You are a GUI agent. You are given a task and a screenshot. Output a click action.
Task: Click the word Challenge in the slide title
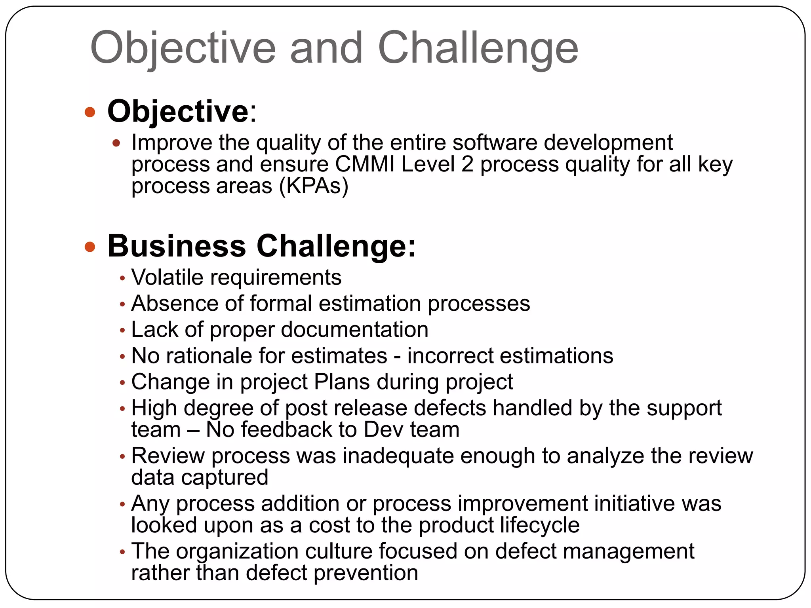coord(478,48)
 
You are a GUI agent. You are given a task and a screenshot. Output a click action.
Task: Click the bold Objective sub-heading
coord(178,112)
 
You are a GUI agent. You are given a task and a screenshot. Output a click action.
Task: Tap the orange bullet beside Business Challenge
coord(90,247)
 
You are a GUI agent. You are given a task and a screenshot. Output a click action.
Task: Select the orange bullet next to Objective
coord(90,112)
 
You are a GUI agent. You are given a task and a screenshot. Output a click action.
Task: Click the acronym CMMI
coord(365,164)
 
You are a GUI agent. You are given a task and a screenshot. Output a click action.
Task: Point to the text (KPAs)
coord(314,186)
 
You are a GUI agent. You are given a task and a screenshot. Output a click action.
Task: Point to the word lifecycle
coord(539,525)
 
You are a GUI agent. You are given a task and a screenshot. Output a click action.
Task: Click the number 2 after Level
coord(467,164)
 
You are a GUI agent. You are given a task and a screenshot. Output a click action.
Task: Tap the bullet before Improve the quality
coord(116,143)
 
